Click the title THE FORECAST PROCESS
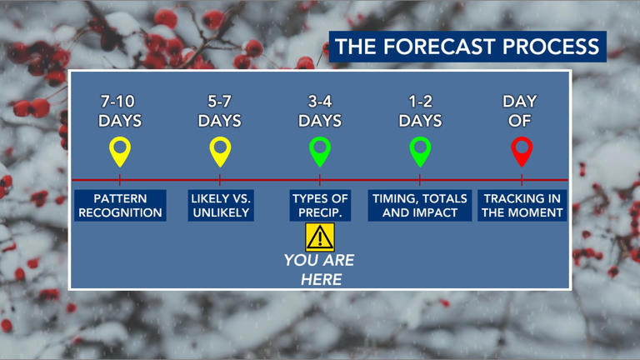pos(467,47)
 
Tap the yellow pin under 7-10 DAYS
pos(120,151)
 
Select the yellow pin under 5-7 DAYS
pos(220,151)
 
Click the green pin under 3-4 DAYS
pos(320,151)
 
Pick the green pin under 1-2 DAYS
pos(420,151)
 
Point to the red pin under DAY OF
pos(521,151)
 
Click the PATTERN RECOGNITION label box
pos(120,206)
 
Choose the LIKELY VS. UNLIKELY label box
pos(220,206)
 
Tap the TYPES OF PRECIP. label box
pos(320,206)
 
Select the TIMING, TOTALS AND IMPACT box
pos(420,206)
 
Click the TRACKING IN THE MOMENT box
pos(522,206)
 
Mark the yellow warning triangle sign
pos(320,238)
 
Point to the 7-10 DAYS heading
pos(120,111)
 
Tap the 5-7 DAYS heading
pos(220,111)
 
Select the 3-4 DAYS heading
pos(320,111)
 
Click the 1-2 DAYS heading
pos(420,111)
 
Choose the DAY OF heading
pos(520,111)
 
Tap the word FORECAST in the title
pos(438,47)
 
